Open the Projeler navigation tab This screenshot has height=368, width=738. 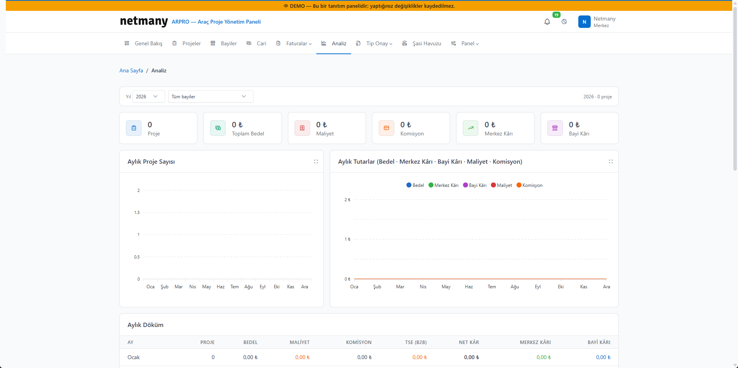(x=187, y=43)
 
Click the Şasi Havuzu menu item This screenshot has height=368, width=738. (x=422, y=43)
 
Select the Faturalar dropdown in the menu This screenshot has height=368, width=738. (x=294, y=43)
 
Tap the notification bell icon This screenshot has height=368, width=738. (x=547, y=22)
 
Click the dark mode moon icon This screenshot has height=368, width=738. (x=564, y=22)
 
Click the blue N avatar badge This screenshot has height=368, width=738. (x=584, y=22)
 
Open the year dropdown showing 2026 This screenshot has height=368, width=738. (x=148, y=96)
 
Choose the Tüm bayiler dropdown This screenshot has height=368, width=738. (x=210, y=96)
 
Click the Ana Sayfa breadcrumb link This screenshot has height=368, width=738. (x=131, y=70)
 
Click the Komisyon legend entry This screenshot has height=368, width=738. (x=529, y=185)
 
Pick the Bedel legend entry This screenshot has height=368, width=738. (x=415, y=185)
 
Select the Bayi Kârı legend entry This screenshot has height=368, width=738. (x=475, y=185)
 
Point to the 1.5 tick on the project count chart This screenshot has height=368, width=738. (x=137, y=212)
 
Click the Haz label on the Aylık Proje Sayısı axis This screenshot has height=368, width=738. (x=221, y=287)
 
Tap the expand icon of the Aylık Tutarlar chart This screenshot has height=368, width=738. (x=611, y=161)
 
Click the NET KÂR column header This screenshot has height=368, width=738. (x=469, y=342)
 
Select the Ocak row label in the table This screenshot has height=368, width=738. (x=134, y=357)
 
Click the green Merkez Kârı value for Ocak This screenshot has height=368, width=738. (x=544, y=357)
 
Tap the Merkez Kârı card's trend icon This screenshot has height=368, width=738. (x=471, y=128)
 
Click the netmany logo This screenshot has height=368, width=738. (x=144, y=21)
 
